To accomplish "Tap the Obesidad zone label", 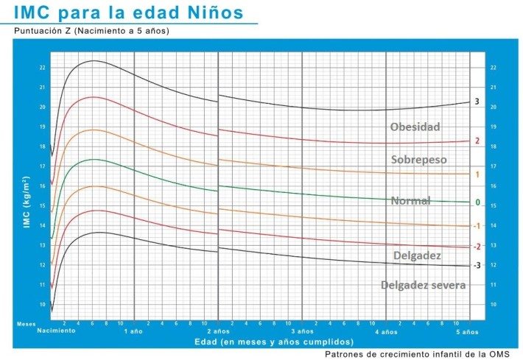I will click(415, 127).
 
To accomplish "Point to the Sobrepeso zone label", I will click(418, 160).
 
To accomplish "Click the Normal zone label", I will click(410, 201).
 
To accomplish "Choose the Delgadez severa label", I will click(423, 285).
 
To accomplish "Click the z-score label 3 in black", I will click(477, 102).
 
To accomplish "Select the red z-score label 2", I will click(477, 141).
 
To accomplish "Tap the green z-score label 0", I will click(477, 202).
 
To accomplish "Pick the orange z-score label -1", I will click(477, 226).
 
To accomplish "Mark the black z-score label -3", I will click(477, 265).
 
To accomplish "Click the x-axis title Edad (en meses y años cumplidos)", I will click(273, 342).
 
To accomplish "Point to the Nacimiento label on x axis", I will click(56, 331).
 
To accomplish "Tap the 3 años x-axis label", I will click(302, 331).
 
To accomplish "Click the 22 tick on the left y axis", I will click(42, 68).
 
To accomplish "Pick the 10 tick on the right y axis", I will click(493, 304).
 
